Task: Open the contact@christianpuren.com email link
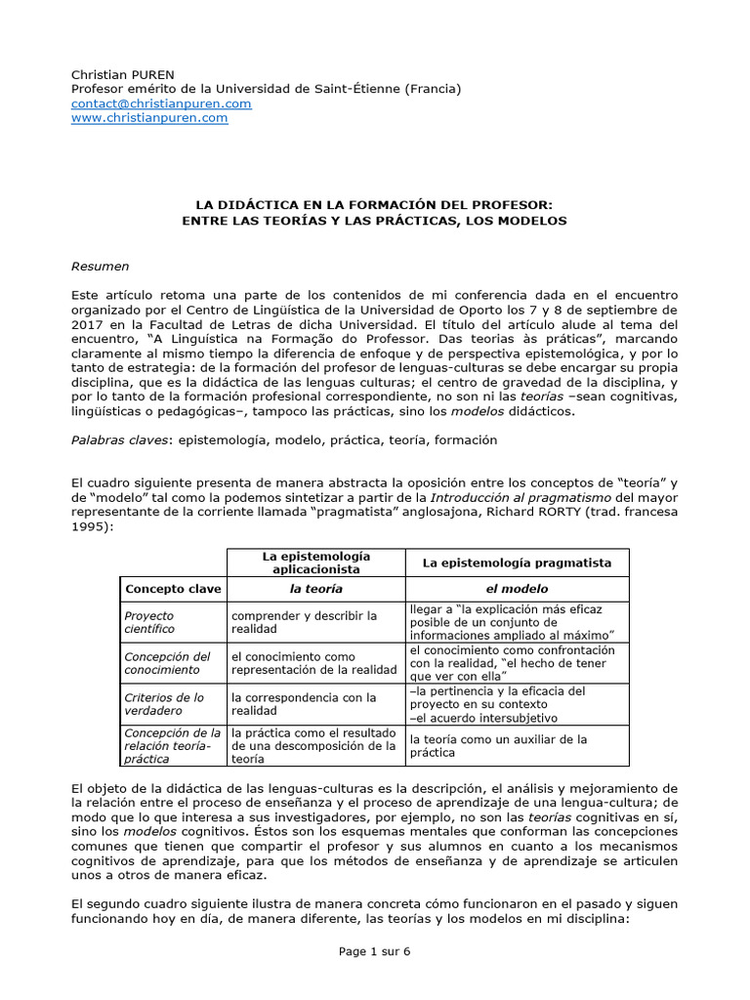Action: (x=161, y=104)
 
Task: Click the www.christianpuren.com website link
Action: (x=149, y=117)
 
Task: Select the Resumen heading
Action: (x=100, y=266)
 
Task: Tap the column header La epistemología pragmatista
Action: (x=517, y=562)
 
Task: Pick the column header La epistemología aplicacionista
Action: (x=316, y=562)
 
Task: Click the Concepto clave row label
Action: (x=173, y=589)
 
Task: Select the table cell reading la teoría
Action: (x=316, y=589)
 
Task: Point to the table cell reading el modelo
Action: (x=517, y=589)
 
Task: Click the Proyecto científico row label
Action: (x=149, y=622)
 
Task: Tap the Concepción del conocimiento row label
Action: (x=167, y=662)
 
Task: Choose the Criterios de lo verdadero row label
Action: (x=164, y=703)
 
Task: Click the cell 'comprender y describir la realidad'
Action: (x=304, y=622)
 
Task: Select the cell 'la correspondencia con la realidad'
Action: (x=304, y=703)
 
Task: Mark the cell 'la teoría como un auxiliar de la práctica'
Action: (x=498, y=746)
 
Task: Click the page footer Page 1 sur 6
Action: (x=375, y=952)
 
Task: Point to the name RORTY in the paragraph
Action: (x=577, y=509)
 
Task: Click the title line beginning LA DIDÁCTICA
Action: (x=374, y=205)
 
